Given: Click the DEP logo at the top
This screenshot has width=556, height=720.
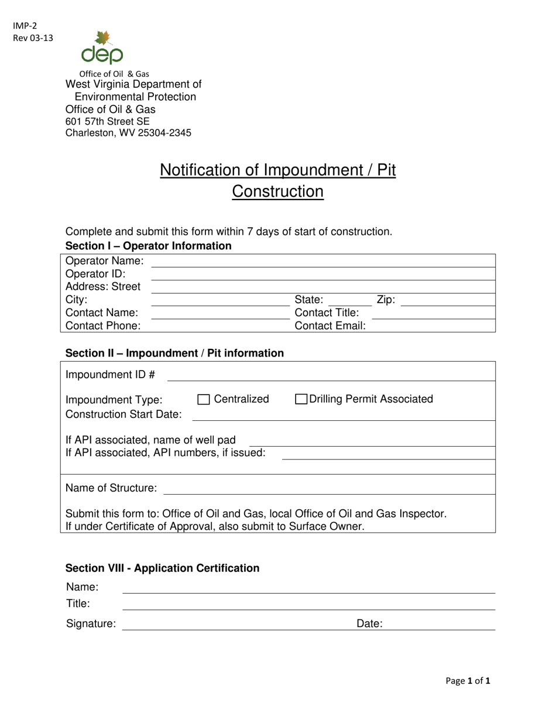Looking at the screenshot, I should [x=102, y=48].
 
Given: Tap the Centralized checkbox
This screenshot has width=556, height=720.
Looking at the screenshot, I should [x=203, y=400].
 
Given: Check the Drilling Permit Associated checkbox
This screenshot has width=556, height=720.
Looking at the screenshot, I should [x=301, y=400].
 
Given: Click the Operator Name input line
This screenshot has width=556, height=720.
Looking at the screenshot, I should [x=323, y=261].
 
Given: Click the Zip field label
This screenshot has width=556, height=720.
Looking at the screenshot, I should [x=386, y=300].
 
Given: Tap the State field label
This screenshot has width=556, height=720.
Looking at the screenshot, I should [x=308, y=300].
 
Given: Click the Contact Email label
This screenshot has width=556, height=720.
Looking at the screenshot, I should [x=330, y=325].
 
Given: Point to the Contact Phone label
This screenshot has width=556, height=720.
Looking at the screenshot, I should [x=103, y=325].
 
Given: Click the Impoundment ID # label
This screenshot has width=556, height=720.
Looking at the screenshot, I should [x=110, y=375].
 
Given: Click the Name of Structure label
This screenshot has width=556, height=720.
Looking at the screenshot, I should [x=111, y=488].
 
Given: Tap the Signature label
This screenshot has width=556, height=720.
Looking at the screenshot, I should [x=91, y=624].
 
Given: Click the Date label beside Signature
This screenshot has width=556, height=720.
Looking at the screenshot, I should [x=369, y=624].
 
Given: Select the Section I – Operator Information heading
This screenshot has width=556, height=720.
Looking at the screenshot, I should [x=148, y=246].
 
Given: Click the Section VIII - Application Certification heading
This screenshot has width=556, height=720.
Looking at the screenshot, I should [x=162, y=568].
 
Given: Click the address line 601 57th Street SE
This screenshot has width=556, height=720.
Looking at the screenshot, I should [x=107, y=121].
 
